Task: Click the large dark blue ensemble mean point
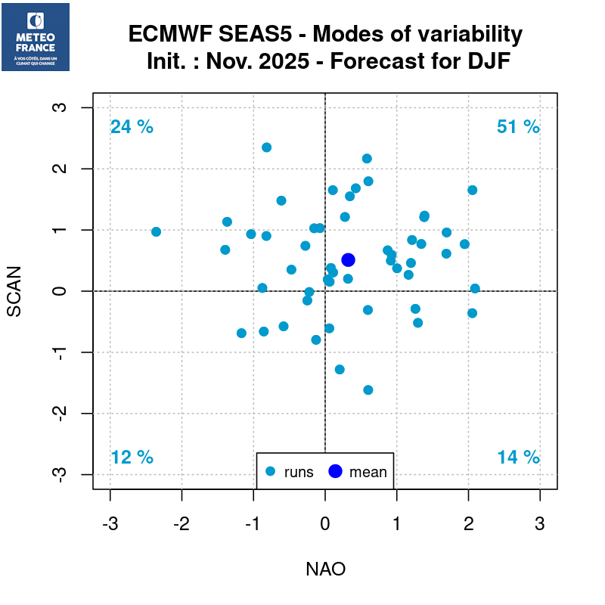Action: (x=349, y=259)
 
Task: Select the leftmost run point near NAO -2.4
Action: (x=157, y=231)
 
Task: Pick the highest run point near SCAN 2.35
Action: (x=266, y=147)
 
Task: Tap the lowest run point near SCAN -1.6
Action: (x=368, y=389)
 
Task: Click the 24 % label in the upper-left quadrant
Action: (x=132, y=127)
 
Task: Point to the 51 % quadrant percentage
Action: (x=518, y=127)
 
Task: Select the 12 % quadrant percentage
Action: (x=132, y=458)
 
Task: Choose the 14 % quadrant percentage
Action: (x=518, y=458)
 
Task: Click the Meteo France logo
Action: (x=36, y=37)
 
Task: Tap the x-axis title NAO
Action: (x=325, y=569)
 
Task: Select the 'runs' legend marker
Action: (x=271, y=472)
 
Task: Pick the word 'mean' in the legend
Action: (x=368, y=473)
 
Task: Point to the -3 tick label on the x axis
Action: (x=110, y=523)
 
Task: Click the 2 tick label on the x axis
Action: (x=468, y=523)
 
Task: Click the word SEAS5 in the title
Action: (x=269, y=35)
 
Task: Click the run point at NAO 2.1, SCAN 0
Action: (x=475, y=288)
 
